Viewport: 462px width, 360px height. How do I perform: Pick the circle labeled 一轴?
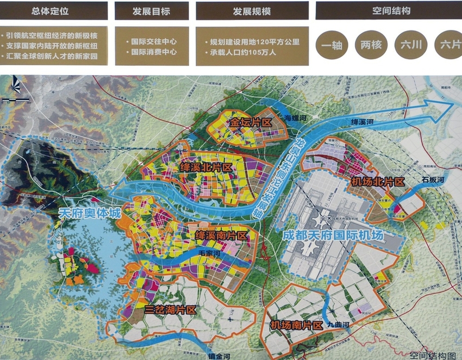[x=332, y=46]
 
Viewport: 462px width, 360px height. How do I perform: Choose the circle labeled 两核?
[x=372, y=46]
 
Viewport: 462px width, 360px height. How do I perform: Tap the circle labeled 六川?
[x=411, y=46]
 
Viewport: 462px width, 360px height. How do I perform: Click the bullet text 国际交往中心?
[x=154, y=41]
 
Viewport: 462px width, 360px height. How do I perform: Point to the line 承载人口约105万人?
[x=240, y=53]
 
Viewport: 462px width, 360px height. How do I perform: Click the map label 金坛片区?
[x=250, y=122]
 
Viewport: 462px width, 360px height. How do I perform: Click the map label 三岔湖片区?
[x=170, y=309]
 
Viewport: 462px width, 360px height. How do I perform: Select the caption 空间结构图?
[x=433, y=355]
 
